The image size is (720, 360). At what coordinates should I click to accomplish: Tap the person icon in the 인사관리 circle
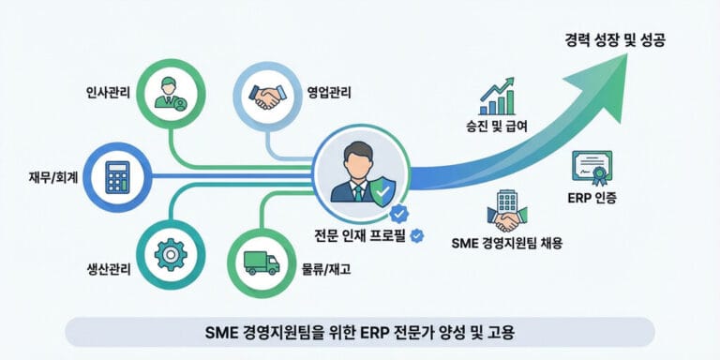pos(172,93)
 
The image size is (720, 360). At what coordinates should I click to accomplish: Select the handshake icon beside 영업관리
pos(266,95)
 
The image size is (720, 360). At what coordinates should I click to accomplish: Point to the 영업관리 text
pos(329,93)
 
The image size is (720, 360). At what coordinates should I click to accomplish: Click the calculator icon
pos(117,175)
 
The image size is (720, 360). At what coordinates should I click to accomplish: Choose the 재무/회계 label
pos(52,175)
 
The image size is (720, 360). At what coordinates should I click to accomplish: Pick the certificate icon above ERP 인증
pos(592,168)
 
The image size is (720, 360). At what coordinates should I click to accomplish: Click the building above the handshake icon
pos(507,201)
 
